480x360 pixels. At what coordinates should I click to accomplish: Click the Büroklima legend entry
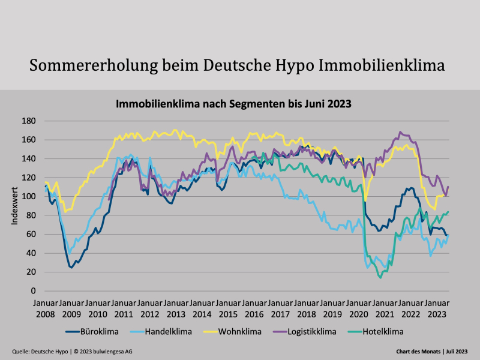(98, 331)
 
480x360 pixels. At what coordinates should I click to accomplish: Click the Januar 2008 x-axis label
(45, 308)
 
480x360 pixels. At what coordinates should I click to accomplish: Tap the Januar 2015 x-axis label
(228, 308)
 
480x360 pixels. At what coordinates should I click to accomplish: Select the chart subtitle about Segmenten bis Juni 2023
(233, 103)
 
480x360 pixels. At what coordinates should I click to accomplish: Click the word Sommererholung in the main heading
(88, 65)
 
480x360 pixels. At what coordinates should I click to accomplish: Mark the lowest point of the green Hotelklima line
(380, 277)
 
